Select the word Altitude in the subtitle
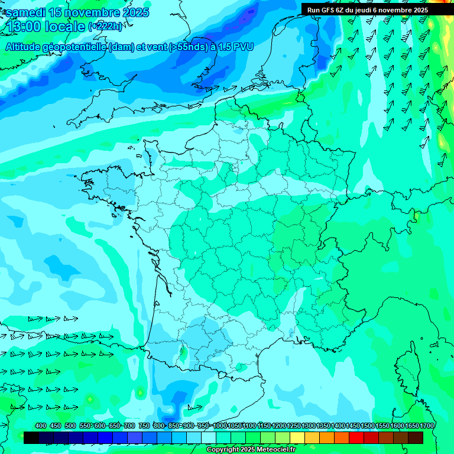coord(26,47)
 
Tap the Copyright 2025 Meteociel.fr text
coord(251,450)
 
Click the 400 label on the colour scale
coord(41,426)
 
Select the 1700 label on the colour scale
coord(427,426)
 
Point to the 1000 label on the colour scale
coord(220,426)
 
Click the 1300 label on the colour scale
coord(309,426)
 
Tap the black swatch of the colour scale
coord(31,437)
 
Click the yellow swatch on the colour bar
coord(297,437)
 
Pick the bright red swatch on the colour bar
coord(356,437)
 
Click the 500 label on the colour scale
coord(70,426)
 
